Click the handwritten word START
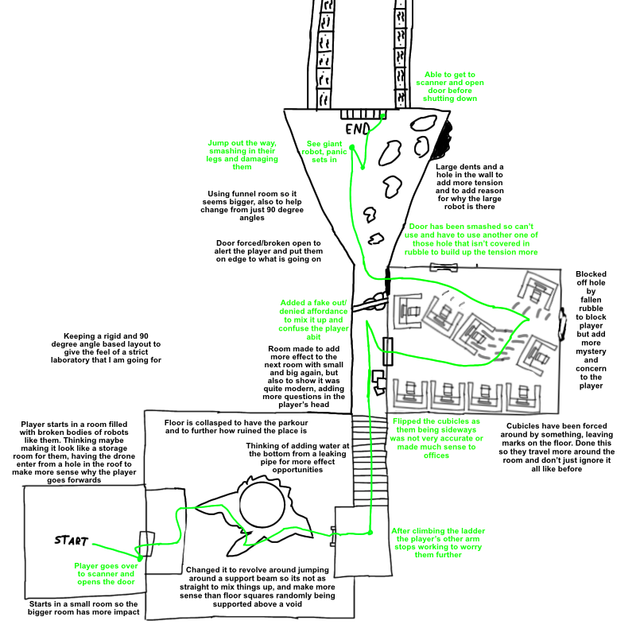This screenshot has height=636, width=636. click(72, 541)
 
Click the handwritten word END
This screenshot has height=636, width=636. click(357, 129)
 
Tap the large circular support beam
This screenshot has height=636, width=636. click(262, 504)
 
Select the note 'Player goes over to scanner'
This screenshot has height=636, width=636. click(106, 573)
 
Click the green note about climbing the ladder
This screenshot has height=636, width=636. click(438, 543)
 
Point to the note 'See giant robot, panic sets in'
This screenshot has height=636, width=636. click(324, 152)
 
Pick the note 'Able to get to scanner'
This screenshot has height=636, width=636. click(450, 87)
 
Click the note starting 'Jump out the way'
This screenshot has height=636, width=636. click(242, 154)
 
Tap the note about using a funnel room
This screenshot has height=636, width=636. click(252, 206)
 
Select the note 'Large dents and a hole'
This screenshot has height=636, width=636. click(470, 187)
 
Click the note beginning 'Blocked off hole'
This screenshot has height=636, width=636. click(591, 330)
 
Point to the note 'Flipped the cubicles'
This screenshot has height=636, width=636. click(436, 438)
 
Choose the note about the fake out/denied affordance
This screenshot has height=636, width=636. click(313, 320)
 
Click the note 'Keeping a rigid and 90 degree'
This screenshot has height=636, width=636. click(106, 348)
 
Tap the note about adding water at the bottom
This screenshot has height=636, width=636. click(297, 458)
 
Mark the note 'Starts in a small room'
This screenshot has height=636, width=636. click(83, 608)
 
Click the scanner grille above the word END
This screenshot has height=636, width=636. click(363, 114)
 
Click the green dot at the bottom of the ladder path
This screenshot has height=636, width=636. click(370, 533)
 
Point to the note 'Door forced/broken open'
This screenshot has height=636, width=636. click(269, 251)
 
